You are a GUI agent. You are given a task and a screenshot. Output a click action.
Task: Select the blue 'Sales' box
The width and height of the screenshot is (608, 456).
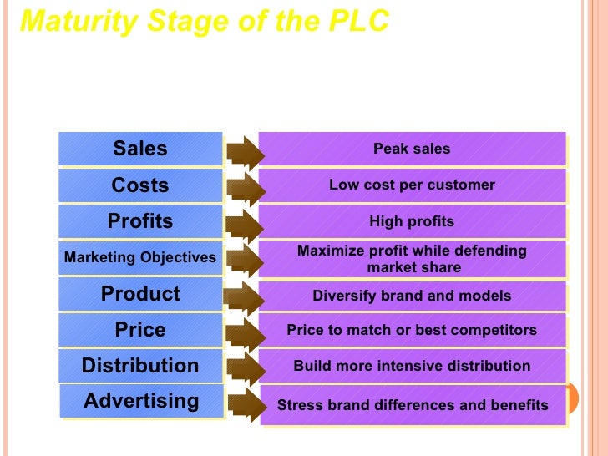140,149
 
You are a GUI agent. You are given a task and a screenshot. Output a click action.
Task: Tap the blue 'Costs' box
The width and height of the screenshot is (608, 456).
140,185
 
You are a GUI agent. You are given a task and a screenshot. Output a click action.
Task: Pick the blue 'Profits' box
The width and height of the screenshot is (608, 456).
140,221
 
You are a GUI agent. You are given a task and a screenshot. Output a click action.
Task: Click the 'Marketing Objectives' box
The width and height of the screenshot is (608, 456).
140,258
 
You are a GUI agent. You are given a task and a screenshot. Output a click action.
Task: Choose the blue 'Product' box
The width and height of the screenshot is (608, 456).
140,294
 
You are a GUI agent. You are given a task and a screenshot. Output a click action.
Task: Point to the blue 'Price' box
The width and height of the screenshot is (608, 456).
140,330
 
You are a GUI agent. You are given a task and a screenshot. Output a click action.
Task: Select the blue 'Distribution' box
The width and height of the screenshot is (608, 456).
140,366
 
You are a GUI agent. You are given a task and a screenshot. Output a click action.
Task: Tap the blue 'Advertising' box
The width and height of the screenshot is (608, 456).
141,402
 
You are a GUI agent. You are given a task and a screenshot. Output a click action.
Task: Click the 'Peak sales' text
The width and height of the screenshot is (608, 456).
412,149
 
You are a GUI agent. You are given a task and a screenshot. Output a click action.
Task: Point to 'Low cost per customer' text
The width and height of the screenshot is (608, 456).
412,185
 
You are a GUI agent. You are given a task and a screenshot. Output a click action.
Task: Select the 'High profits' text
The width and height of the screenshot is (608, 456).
412,221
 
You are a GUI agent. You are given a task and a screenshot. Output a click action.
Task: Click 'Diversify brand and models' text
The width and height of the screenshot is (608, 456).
412,296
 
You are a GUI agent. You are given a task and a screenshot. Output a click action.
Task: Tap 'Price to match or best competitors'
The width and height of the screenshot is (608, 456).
412,330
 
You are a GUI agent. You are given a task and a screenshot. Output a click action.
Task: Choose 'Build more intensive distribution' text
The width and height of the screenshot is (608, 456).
412,366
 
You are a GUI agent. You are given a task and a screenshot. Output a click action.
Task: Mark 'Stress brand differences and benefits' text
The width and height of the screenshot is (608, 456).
413,406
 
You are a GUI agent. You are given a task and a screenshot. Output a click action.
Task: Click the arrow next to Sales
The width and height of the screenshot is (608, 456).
244,150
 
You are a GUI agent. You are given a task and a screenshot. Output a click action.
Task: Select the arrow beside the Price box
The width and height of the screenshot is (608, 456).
244,332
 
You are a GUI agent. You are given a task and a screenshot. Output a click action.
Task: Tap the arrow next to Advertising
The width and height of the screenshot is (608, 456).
244,405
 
